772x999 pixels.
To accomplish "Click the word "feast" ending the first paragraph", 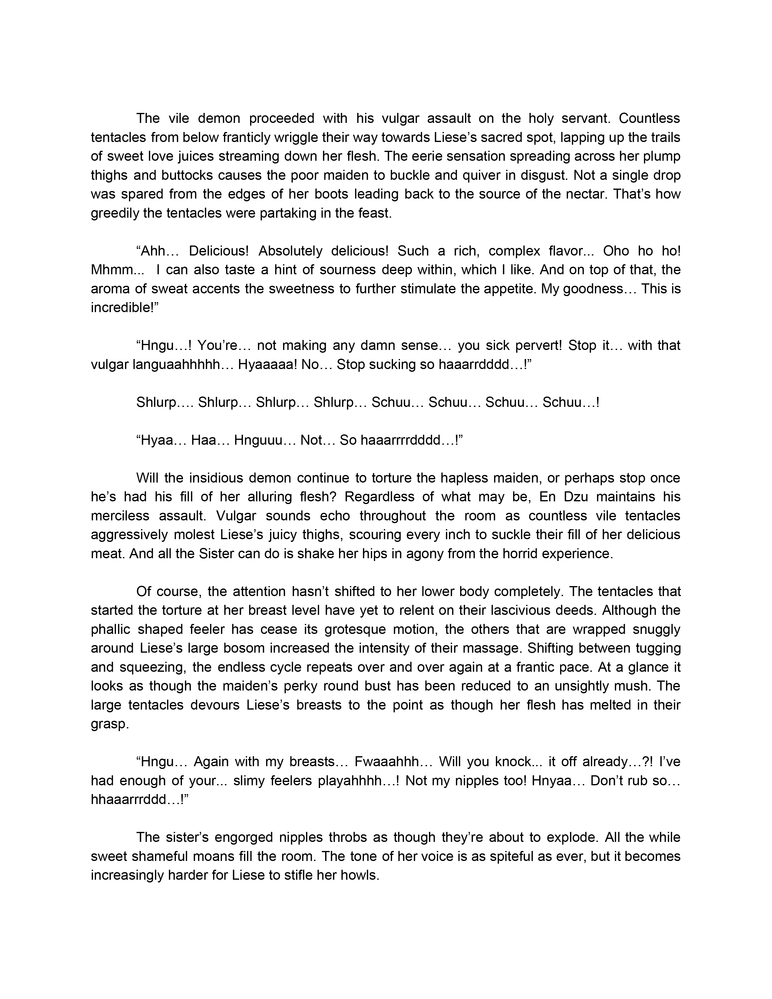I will click(377, 213).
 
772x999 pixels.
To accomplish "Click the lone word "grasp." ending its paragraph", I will click(110, 724).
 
